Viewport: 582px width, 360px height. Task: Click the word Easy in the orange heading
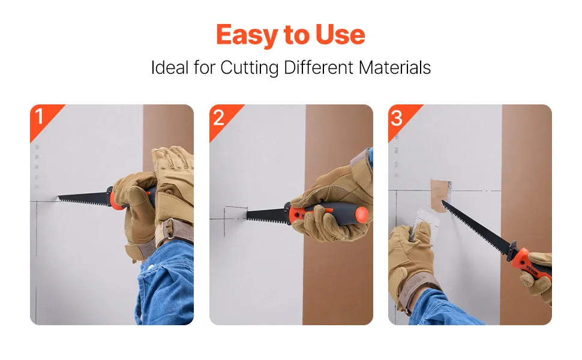pyautogui.click(x=247, y=35)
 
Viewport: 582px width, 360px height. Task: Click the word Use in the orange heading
pyautogui.click(x=340, y=35)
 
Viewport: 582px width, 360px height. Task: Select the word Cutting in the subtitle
pyautogui.click(x=250, y=68)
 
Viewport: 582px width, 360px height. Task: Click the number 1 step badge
pyautogui.click(x=39, y=116)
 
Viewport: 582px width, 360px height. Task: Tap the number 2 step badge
pyautogui.click(x=218, y=118)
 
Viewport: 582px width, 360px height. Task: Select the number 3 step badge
pyautogui.click(x=397, y=118)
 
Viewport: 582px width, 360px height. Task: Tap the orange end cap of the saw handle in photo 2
pyautogui.click(x=362, y=214)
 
